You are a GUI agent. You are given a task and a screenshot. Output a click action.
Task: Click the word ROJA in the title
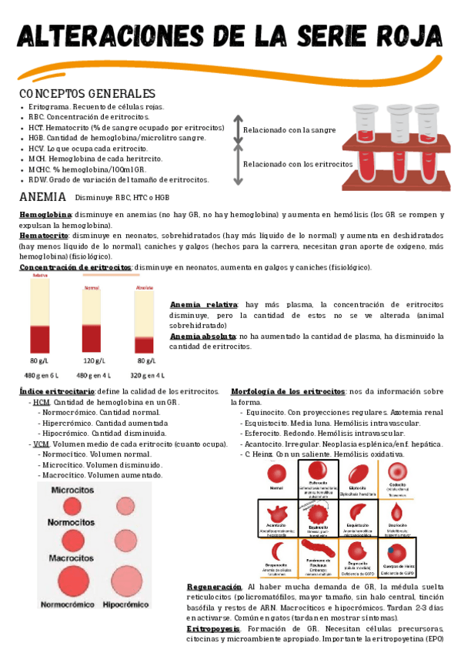(x=404, y=36)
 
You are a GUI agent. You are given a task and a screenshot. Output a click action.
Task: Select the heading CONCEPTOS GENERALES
(x=87, y=93)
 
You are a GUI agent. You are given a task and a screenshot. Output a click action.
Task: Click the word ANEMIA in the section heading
(x=42, y=197)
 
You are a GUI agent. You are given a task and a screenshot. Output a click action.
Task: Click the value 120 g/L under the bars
(x=92, y=360)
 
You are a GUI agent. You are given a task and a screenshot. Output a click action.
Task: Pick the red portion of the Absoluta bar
(x=144, y=340)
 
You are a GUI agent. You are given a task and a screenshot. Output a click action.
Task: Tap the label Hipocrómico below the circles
(x=125, y=604)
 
